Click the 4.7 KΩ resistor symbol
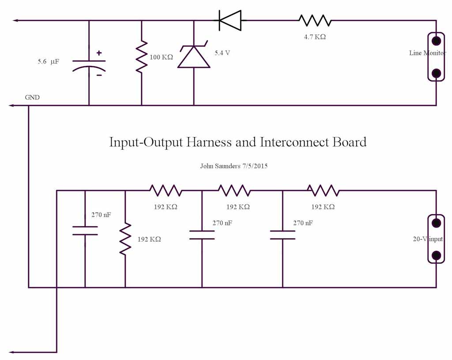(315, 20)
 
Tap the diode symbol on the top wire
(230, 20)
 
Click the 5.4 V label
(222, 53)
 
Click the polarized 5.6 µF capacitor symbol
(89, 64)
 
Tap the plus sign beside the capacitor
(99, 53)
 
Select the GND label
(32, 97)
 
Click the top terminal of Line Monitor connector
(437, 41)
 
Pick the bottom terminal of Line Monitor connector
(437, 73)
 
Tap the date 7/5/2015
(253, 167)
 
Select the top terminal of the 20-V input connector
(437, 223)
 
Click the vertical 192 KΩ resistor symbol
(125, 239)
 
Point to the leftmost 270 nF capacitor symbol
(85, 230)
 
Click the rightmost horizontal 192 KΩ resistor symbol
(323, 190)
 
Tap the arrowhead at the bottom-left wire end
(12, 352)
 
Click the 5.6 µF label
(48, 62)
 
